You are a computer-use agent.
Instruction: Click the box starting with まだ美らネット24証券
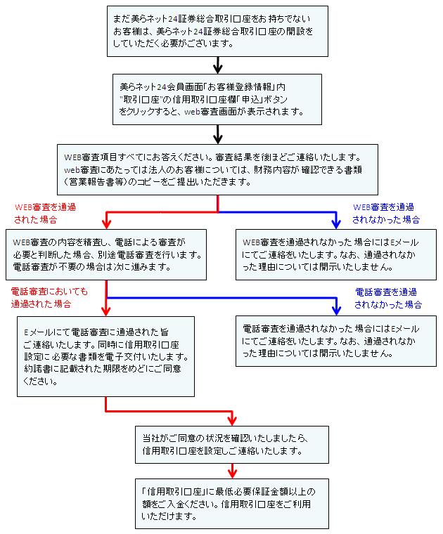click(x=217, y=31)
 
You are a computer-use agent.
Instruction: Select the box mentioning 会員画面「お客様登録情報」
click(x=217, y=100)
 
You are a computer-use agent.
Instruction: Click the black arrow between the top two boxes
click(x=218, y=65)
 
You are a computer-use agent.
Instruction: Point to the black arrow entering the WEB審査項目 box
click(x=218, y=134)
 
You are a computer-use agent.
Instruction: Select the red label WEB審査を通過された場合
click(x=45, y=213)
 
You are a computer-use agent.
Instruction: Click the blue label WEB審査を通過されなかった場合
click(x=386, y=213)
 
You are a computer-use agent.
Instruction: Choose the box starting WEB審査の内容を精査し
click(x=106, y=254)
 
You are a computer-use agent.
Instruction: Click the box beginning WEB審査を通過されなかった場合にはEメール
click(x=336, y=254)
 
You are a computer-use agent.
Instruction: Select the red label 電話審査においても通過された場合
click(x=49, y=297)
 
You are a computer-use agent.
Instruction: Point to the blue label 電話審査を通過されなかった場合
click(x=387, y=298)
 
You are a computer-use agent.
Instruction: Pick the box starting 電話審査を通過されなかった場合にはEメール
click(x=336, y=341)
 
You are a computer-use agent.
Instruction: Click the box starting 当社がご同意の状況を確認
click(x=232, y=445)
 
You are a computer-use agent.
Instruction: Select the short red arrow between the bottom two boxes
click(x=233, y=471)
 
